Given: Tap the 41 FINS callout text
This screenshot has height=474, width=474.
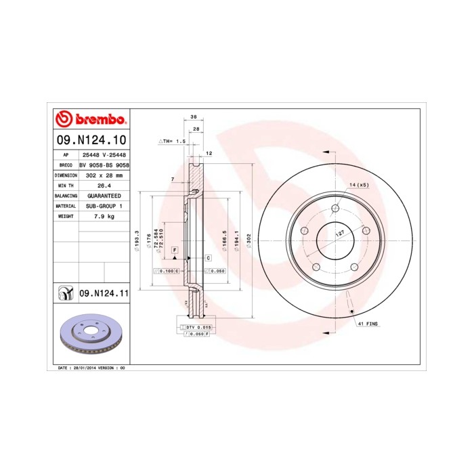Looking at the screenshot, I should (368, 324).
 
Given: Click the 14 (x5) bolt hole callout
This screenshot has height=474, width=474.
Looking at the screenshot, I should (359, 185).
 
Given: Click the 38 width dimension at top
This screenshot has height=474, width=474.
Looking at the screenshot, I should (194, 116).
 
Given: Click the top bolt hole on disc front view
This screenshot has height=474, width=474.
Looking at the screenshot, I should (335, 208).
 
